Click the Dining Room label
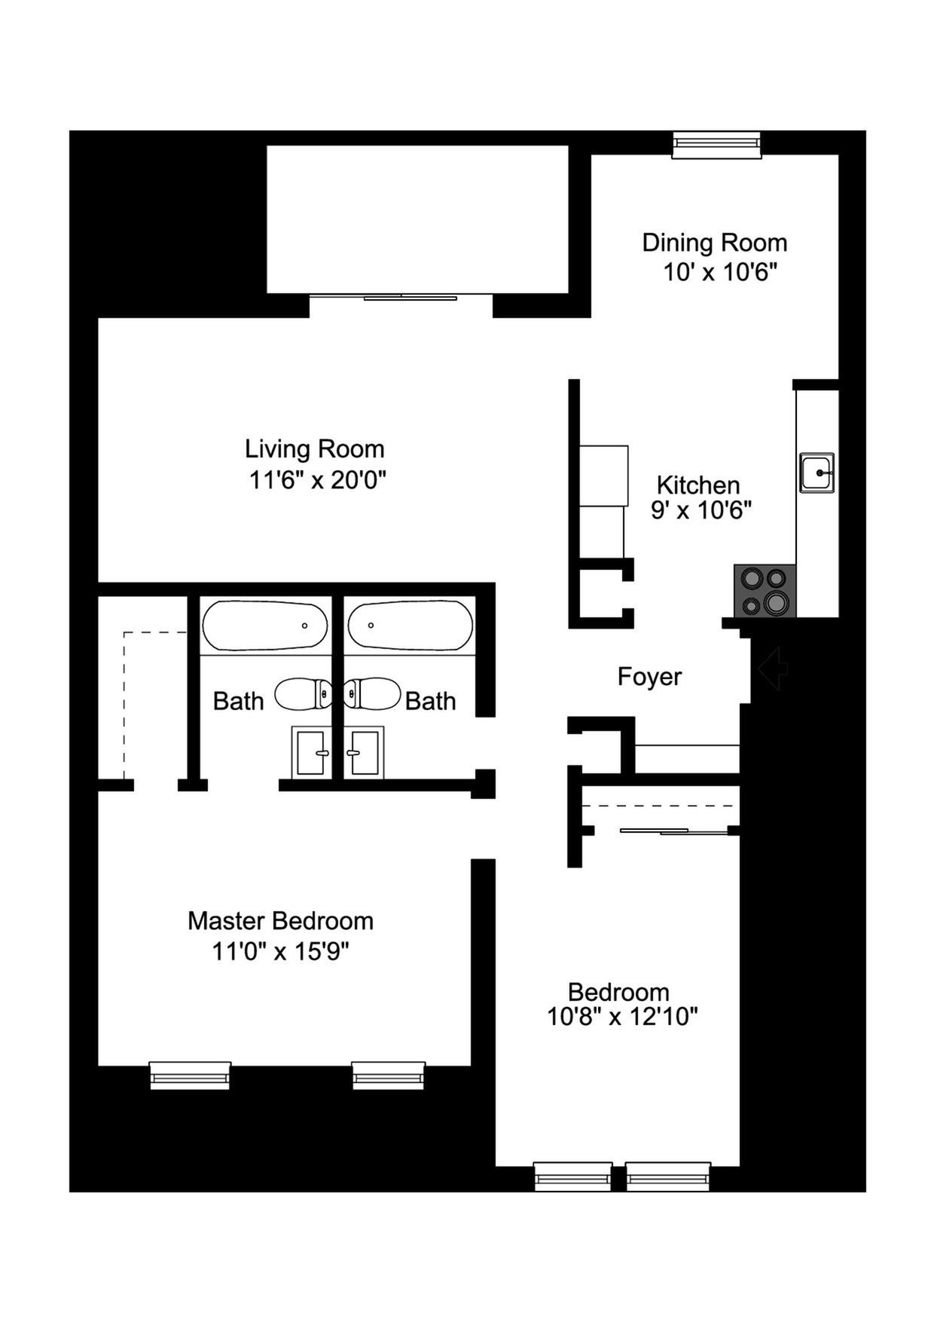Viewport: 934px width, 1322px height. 714,243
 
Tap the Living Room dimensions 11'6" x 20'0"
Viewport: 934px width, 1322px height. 317,479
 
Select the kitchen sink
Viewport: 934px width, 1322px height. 816,473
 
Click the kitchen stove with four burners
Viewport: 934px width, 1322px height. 765,591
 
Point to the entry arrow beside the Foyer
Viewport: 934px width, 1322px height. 773,668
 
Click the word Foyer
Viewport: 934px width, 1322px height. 649,677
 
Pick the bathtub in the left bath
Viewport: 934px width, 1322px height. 264,626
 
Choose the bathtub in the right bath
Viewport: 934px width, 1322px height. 411,626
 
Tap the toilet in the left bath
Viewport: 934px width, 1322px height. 303,693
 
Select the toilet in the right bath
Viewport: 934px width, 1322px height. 372,693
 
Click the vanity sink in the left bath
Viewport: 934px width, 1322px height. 311,752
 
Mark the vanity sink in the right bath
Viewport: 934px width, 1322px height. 365,752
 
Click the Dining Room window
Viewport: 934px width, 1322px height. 716,145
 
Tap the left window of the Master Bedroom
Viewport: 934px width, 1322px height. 190,1076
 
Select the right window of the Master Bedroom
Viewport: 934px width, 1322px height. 389,1076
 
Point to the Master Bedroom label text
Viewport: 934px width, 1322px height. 280,921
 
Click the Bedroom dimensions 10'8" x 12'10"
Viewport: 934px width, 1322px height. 622,1017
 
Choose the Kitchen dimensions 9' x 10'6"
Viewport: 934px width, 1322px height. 701,510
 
